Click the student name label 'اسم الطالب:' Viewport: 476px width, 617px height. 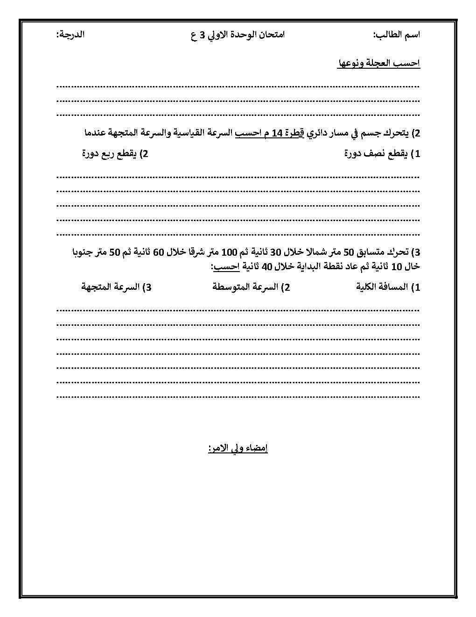[x=396, y=35]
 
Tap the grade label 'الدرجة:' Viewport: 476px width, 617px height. [x=70, y=35]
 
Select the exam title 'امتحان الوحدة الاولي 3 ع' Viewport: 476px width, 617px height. [x=238, y=35]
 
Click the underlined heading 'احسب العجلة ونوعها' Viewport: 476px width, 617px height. [x=378, y=64]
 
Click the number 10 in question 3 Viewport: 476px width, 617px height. [x=397, y=266]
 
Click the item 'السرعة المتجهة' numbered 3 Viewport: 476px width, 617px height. [x=110, y=287]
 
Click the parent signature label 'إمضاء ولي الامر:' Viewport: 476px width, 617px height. [x=238, y=448]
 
